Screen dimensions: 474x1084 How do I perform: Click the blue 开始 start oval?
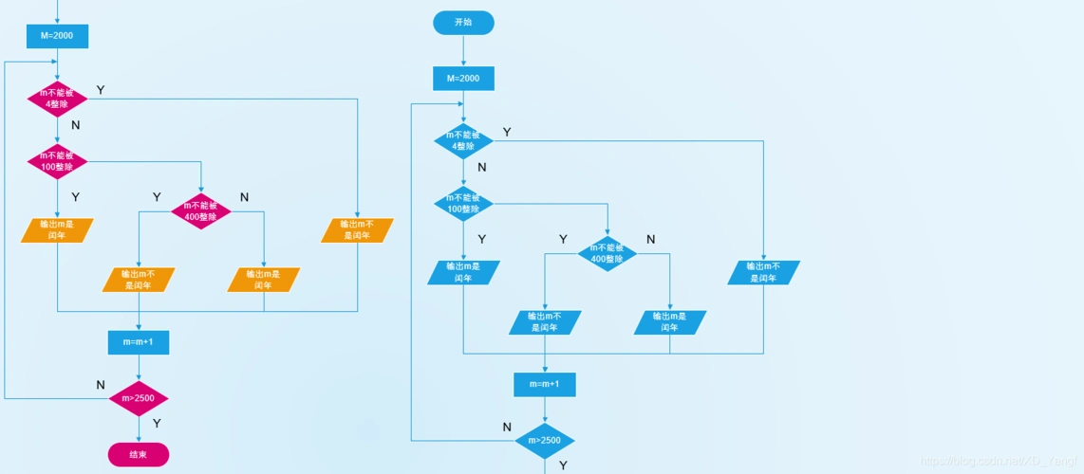(463, 23)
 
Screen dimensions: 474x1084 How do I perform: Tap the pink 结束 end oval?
(139, 455)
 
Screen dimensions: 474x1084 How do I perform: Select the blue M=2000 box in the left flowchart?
(57, 36)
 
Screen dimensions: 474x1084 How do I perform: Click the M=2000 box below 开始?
(463, 78)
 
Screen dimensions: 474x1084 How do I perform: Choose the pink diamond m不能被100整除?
(57, 161)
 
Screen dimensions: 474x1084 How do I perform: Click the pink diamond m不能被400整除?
(201, 211)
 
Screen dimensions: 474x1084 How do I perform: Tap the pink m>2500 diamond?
(139, 399)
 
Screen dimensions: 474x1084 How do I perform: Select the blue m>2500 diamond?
(545, 441)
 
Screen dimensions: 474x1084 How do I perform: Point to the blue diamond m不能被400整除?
(607, 253)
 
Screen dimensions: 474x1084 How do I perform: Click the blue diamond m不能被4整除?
(463, 140)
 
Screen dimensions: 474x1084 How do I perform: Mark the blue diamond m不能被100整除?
(463, 203)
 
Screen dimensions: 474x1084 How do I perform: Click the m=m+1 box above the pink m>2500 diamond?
(139, 341)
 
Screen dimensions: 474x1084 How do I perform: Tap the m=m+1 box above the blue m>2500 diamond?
(545, 384)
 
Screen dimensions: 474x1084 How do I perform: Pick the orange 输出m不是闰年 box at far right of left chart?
(357, 230)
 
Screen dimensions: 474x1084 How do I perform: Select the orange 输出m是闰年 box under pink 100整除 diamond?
(57, 230)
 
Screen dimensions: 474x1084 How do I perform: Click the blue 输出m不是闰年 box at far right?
(763, 272)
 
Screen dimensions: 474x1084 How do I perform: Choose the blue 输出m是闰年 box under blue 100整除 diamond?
(463, 272)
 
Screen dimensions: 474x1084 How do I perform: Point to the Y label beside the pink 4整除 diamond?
(101, 90)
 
